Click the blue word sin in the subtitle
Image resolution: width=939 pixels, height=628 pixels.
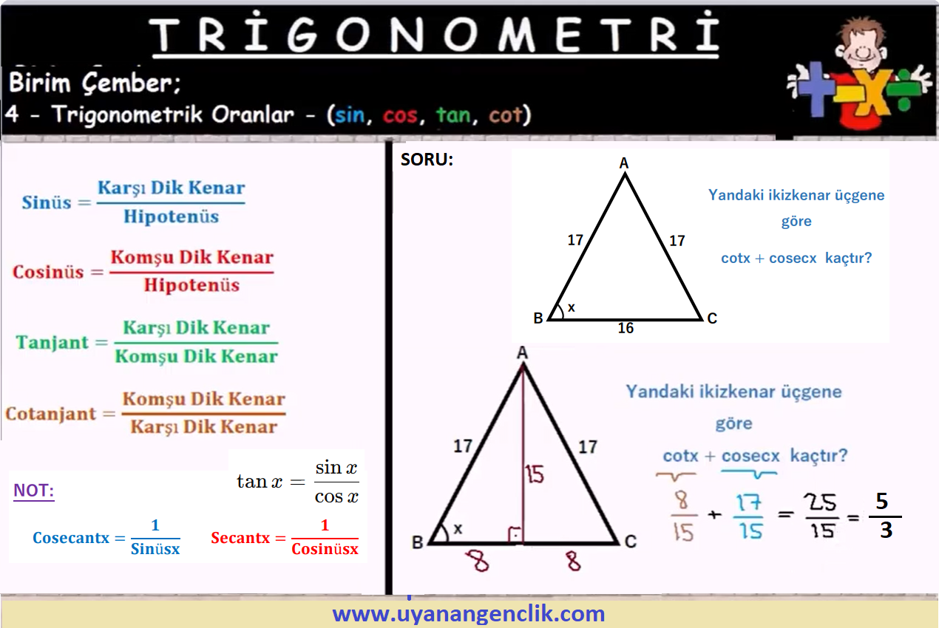tap(350, 115)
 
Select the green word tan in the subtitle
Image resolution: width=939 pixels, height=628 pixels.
tap(452, 115)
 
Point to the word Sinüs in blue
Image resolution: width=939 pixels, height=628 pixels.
tap(47, 202)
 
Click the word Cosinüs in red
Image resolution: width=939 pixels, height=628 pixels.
tap(48, 272)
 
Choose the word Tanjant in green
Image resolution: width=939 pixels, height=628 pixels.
tap(52, 342)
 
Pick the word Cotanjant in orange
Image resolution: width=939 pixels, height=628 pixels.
tap(51, 414)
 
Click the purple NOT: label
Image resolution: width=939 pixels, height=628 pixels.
tap(34, 490)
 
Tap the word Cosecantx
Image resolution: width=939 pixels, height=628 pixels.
tap(71, 538)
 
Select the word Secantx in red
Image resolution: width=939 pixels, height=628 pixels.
tap(240, 538)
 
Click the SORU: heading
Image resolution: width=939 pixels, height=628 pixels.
tap(427, 160)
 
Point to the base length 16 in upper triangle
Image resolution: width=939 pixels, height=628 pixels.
tap(626, 328)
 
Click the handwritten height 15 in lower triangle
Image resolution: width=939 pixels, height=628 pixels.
tap(535, 474)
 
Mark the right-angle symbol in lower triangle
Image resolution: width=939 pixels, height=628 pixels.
tap(515, 535)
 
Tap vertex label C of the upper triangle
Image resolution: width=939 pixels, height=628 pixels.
tap(712, 318)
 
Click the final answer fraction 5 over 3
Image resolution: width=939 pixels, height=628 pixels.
tap(885, 516)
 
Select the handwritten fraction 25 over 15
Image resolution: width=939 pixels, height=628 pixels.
tap(821, 516)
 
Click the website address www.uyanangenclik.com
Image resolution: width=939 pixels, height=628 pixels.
tap(469, 614)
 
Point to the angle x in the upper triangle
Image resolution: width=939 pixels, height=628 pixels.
tap(571, 308)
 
